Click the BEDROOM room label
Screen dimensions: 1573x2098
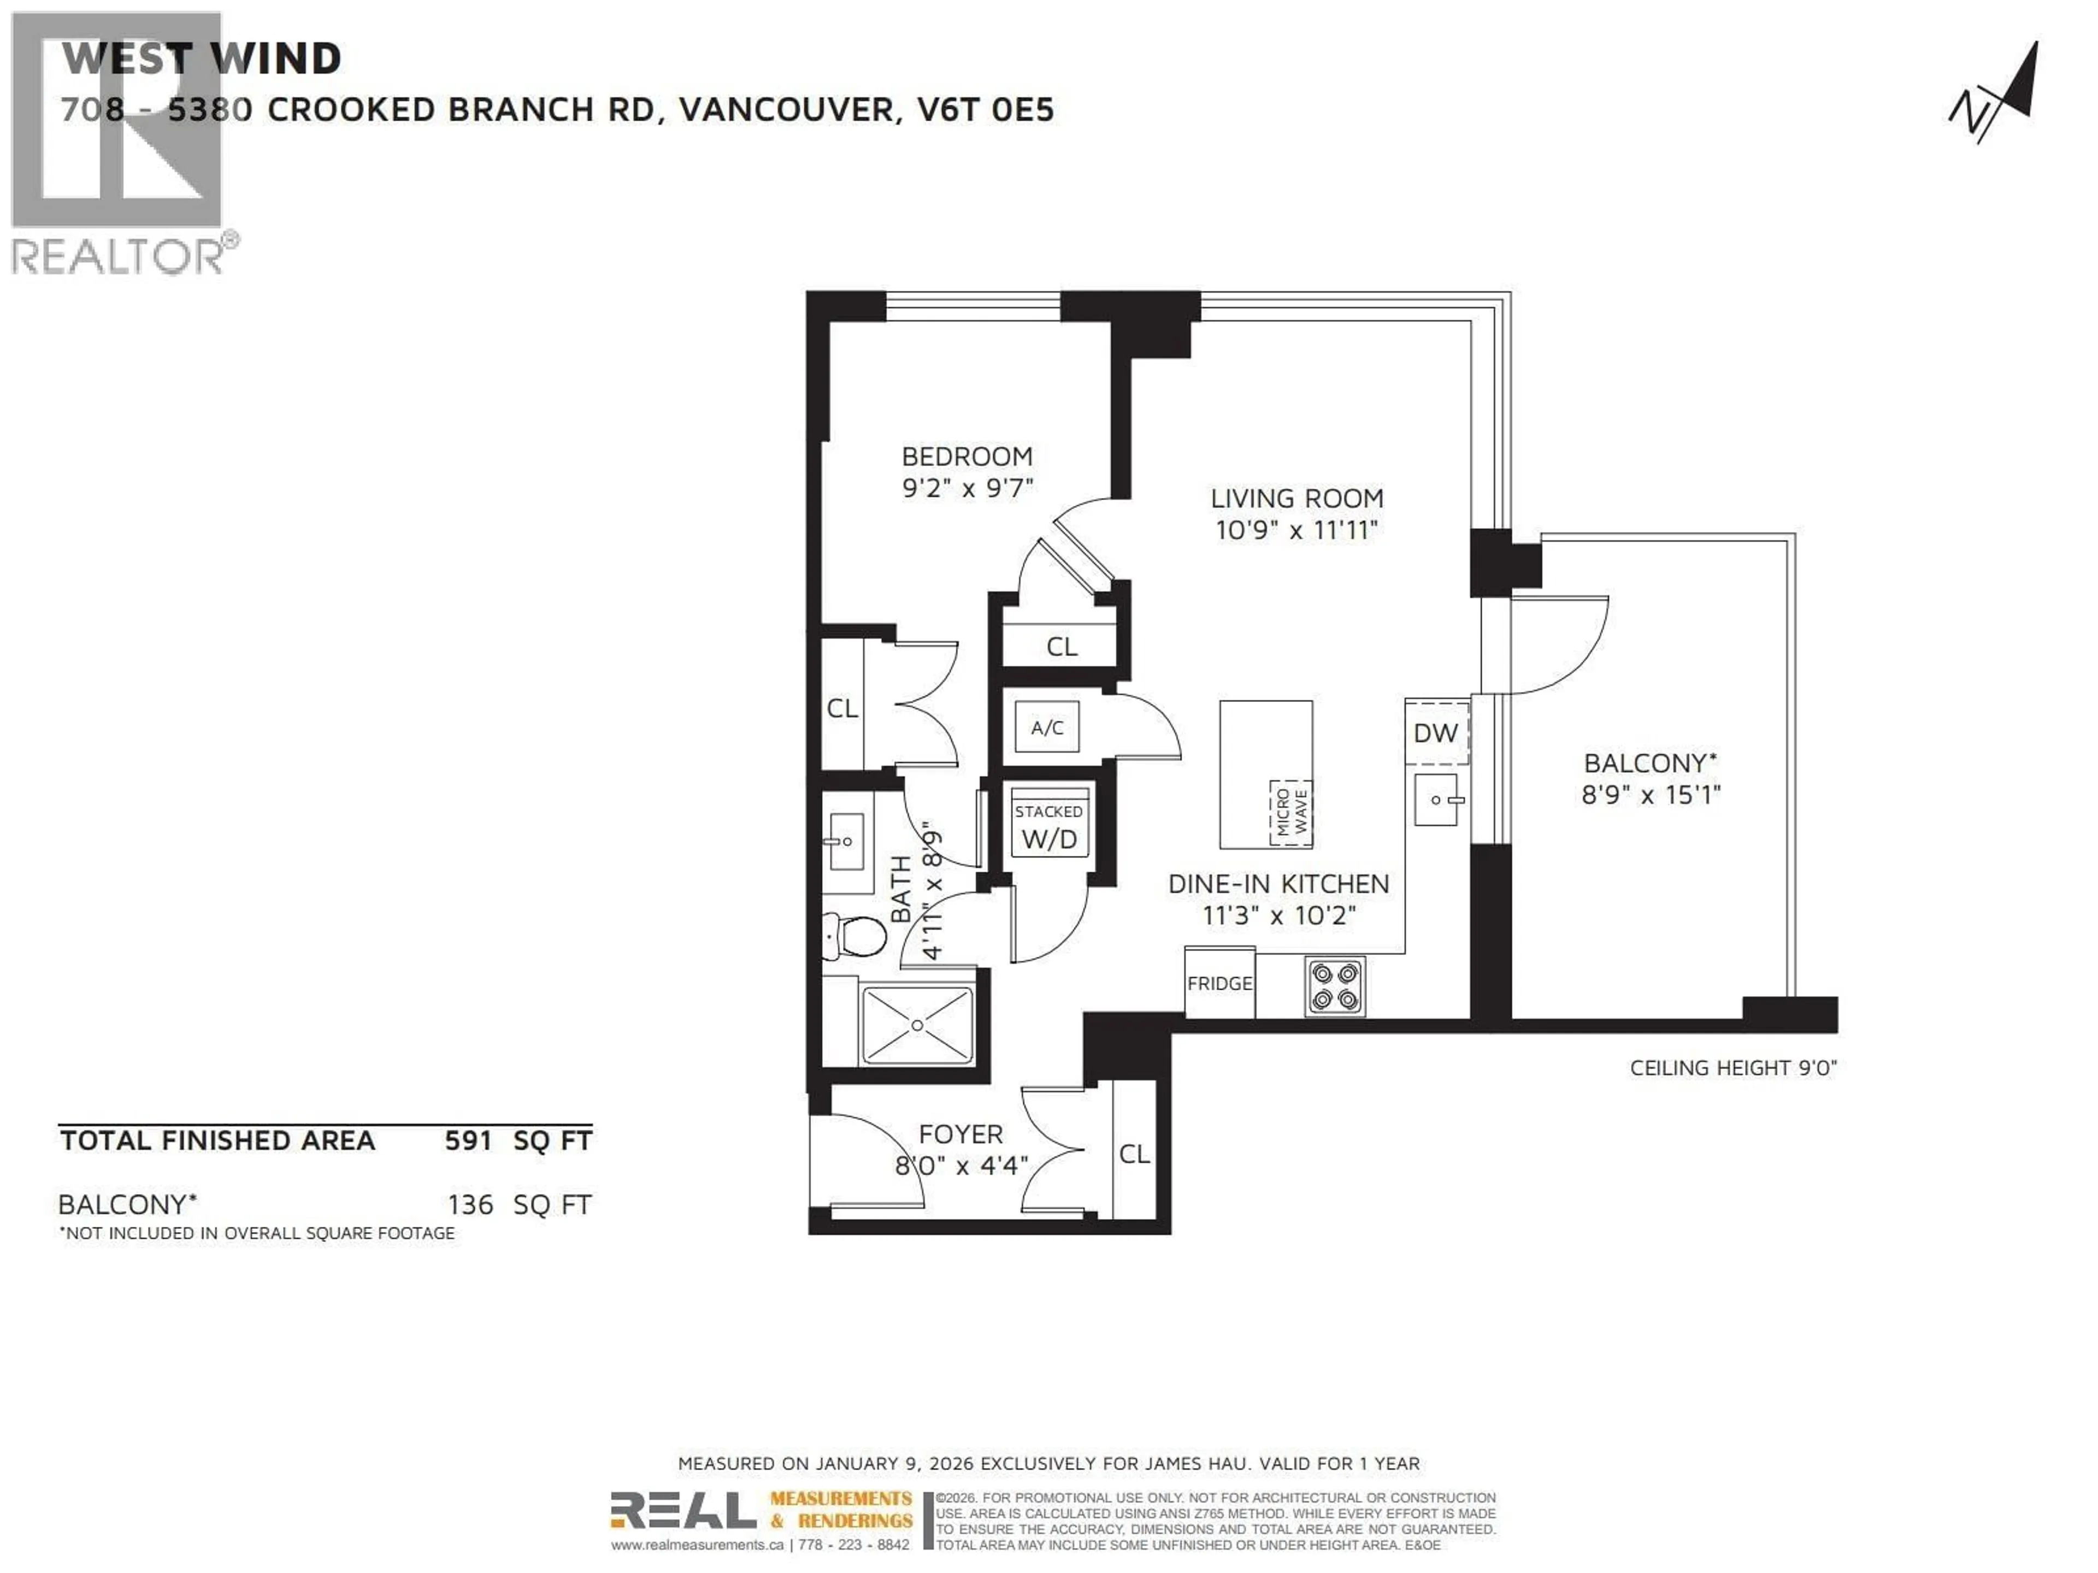[x=967, y=456]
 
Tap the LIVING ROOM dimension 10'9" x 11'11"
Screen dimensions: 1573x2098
[x=1295, y=530]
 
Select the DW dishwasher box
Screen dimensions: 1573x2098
[x=1435, y=732]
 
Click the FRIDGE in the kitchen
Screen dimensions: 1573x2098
[x=1219, y=983]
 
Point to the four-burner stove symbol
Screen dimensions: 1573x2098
[x=1335, y=986]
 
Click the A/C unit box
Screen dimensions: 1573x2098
[x=1047, y=728]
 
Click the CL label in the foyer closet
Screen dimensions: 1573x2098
[x=1134, y=1154]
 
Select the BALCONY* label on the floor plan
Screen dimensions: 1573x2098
[x=1651, y=762]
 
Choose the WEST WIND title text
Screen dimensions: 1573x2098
[x=201, y=59]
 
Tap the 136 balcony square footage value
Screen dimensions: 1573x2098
[x=470, y=1204]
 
